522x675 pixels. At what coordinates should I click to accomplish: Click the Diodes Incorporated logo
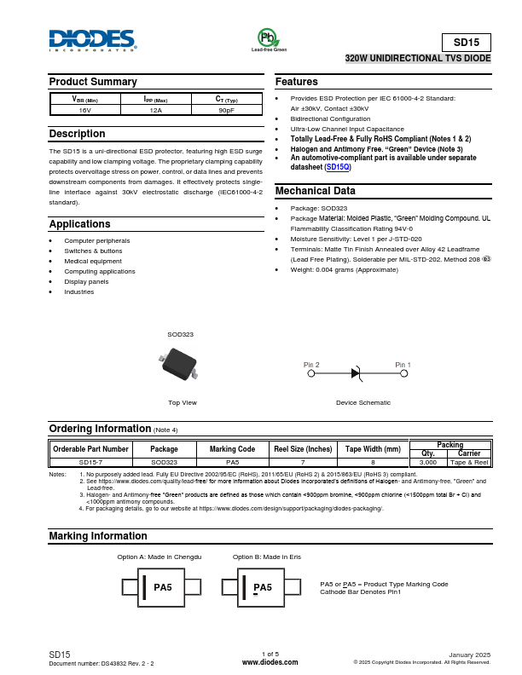click(92, 40)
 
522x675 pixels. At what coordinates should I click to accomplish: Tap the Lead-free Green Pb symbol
click(268, 38)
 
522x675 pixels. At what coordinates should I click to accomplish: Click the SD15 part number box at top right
click(466, 43)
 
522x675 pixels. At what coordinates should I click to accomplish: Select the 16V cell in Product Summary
click(84, 111)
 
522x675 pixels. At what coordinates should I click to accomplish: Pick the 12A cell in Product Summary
click(155, 111)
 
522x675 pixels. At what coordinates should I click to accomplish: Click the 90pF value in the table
click(226, 111)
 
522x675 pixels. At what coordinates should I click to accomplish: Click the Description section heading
click(78, 134)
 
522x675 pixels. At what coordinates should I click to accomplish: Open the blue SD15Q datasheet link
click(339, 167)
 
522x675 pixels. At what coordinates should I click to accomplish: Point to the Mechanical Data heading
click(315, 191)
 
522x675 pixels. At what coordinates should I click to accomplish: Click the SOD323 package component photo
click(179, 363)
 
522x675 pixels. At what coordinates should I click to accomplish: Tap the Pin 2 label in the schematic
click(311, 365)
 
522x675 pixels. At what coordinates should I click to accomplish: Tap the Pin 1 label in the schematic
click(403, 365)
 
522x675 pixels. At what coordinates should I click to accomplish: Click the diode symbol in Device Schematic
click(357, 372)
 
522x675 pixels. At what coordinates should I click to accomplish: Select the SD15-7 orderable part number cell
click(90, 461)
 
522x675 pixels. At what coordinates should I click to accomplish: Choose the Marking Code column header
click(232, 448)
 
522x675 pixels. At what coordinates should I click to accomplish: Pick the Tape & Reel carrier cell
click(469, 461)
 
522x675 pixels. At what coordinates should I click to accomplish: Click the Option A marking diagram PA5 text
click(163, 587)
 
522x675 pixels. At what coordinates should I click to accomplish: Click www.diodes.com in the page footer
click(270, 661)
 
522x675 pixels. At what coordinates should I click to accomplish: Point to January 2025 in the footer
click(469, 654)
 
